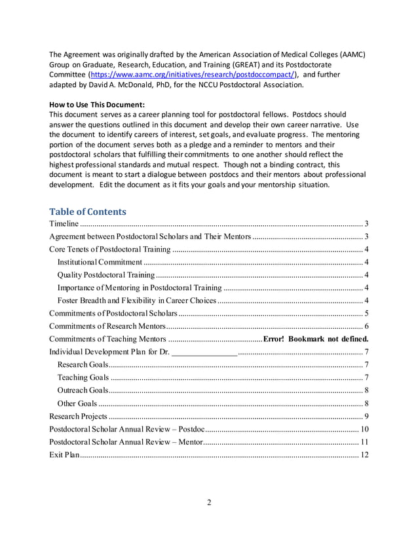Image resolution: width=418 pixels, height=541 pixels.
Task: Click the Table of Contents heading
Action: [88, 212]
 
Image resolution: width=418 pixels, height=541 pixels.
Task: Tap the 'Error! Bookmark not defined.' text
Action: [316, 339]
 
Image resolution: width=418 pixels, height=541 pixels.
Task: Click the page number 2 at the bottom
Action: [209, 502]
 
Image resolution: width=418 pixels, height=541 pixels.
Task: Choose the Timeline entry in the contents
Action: [64, 224]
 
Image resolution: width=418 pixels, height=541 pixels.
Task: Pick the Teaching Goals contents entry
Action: [83, 377]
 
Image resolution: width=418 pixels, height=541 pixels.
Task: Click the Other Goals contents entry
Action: [77, 403]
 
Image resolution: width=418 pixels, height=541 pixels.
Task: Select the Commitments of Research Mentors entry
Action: [108, 326]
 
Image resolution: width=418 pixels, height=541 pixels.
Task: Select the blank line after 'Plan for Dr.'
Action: [204, 352]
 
